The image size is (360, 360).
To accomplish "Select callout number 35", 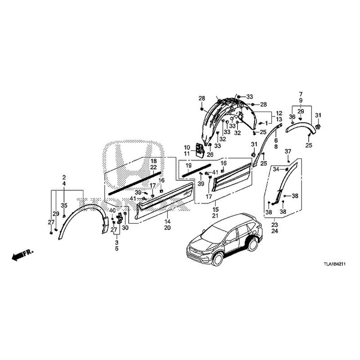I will click(x=64, y=205).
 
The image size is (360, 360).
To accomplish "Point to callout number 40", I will click(x=112, y=211).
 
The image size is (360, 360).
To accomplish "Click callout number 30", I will click(x=125, y=228).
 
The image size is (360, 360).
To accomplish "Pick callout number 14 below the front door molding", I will click(x=167, y=222).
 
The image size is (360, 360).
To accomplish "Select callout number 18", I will click(x=153, y=161).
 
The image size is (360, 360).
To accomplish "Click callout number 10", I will click(x=187, y=147).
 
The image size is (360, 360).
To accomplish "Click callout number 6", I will click(x=275, y=140).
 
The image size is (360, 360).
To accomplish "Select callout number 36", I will click(x=292, y=117).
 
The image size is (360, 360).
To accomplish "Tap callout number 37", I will click(x=288, y=151).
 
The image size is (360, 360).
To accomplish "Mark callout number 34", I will click(x=276, y=169).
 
